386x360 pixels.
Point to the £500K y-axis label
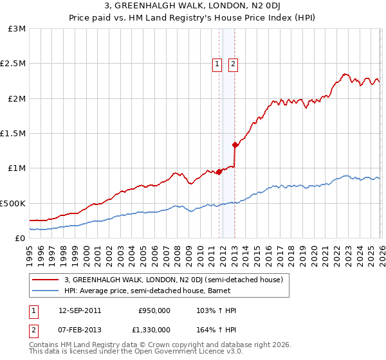[14, 203]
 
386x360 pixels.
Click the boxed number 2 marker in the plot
[232, 64]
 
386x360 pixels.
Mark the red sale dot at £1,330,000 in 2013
[235, 145]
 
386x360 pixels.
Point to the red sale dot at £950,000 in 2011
[219, 172]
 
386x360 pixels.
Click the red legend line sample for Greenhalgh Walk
[46, 280]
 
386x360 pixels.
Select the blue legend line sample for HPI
[46, 291]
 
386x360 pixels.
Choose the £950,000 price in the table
[154, 310]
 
